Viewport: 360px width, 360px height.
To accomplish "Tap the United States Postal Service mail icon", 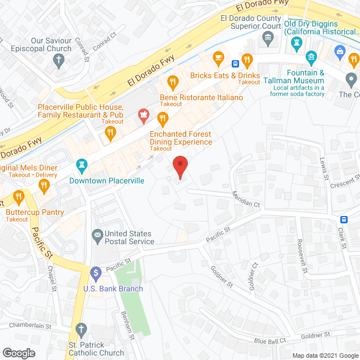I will click(97, 233).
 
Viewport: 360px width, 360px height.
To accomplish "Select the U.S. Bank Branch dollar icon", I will click(95, 274).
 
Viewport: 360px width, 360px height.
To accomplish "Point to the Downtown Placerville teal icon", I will click(80, 165).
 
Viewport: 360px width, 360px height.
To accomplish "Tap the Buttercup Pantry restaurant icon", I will click(19, 196).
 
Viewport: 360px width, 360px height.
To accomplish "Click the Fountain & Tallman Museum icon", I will click(311, 57).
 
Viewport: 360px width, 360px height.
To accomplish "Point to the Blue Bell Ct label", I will click(270, 340).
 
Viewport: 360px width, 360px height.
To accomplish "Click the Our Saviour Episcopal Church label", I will click(51, 45).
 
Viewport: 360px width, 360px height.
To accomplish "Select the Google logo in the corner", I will click(18, 353).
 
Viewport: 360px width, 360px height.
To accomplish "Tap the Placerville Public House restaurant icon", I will click(110, 133).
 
